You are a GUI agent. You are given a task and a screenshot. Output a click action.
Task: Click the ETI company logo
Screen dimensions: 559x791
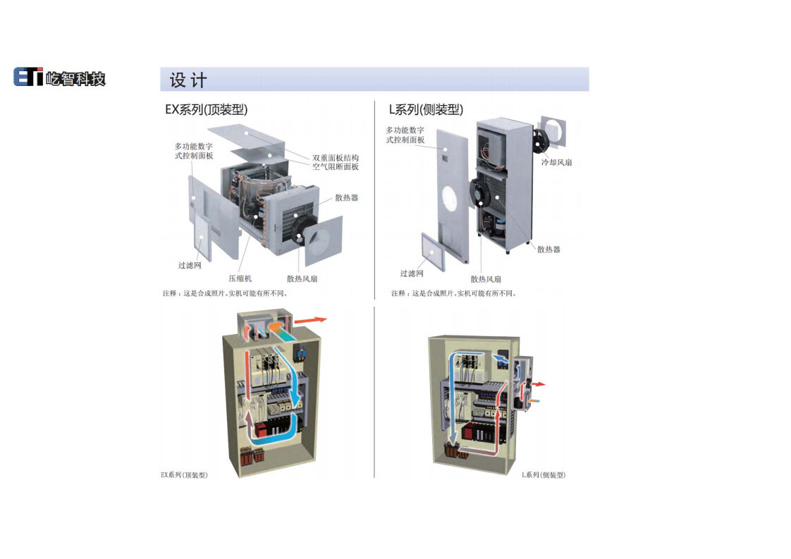click(x=59, y=78)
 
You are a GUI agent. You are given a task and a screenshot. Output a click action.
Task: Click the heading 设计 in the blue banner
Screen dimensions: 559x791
click(x=188, y=80)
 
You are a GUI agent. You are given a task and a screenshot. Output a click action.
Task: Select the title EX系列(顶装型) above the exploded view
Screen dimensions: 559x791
click(x=206, y=110)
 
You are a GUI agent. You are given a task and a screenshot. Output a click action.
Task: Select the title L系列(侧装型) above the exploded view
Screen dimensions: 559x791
click(x=426, y=110)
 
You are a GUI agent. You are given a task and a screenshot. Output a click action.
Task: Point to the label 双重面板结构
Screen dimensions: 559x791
click(x=336, y=158)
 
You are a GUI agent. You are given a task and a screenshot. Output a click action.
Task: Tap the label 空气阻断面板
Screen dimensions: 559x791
click(x=336, y=167)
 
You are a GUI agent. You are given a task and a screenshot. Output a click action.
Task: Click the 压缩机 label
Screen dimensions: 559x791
click(x=240, y=278)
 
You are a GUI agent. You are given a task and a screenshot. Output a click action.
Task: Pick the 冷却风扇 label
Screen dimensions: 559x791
click(x=556, y=163)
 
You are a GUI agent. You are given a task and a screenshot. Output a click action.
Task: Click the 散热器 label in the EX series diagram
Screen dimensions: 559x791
click(x=347, y=198)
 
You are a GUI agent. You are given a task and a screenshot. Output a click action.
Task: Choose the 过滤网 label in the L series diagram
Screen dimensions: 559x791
click(x=412, y=274)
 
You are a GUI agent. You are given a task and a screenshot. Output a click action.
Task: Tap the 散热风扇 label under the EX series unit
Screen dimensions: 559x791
click(x=302, y=278)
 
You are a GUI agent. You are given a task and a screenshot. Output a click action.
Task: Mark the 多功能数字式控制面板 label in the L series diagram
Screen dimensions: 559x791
click(x=405, y=135)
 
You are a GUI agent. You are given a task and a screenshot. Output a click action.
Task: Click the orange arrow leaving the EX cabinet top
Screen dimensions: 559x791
click(x=310, y=320)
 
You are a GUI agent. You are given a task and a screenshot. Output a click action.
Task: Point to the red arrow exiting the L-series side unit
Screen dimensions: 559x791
click(x=537, y=385)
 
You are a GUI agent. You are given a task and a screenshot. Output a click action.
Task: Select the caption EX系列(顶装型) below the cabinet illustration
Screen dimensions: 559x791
click(x=184, y=475)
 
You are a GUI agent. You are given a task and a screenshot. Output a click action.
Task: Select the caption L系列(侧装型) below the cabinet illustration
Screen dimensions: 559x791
click(x=544, y=475)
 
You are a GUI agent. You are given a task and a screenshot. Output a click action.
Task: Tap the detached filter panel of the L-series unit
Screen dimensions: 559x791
click(x=434, y=252)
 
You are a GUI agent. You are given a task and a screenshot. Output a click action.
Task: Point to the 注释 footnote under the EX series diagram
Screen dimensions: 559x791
click(x=225, y=293)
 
